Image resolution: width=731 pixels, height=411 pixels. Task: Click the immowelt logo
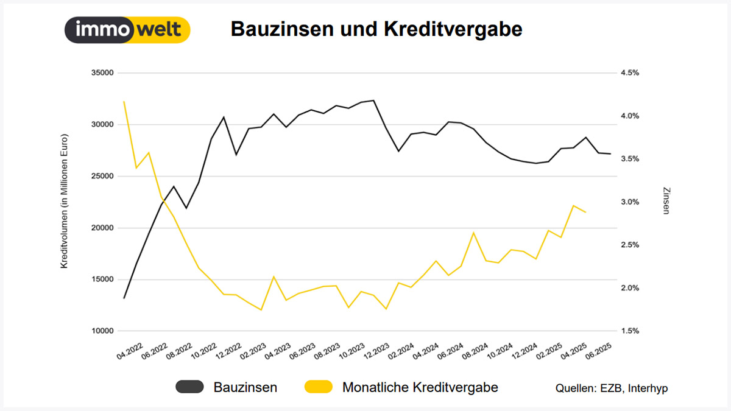[127, 30]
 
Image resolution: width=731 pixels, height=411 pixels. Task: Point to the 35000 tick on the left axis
[102, 73]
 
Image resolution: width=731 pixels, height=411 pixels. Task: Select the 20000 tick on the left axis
[102, 228]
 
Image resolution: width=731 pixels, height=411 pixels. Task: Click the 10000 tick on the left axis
[102, 331]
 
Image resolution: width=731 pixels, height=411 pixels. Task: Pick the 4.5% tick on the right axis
[629, 73]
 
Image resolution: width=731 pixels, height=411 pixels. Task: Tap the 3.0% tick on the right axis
[629, 202]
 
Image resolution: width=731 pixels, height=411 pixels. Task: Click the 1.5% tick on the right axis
[629, 331]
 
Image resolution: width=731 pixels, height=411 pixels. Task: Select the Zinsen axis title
[665, 200]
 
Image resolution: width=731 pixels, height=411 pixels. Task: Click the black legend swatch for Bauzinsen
[190, 387]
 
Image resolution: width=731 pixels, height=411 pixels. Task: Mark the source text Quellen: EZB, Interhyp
[611, 388]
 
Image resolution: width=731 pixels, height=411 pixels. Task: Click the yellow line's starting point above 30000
[124, 102]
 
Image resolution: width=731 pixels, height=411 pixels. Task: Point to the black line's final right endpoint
[610, 154]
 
